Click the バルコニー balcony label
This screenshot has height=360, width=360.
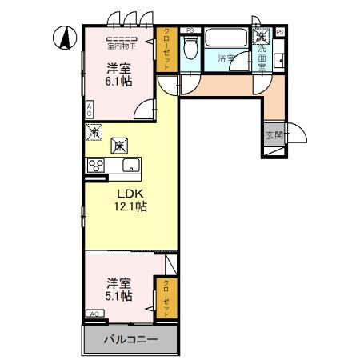coord(130,340)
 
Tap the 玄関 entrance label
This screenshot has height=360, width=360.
coord(273,134)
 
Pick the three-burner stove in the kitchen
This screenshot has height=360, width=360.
coord(97,166)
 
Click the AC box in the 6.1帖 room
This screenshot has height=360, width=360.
coord(90,109)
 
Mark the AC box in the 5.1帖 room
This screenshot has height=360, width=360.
coord(94,314)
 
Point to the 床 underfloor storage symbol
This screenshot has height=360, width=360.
coord(118,145)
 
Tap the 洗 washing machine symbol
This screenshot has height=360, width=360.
coord(262,37)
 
